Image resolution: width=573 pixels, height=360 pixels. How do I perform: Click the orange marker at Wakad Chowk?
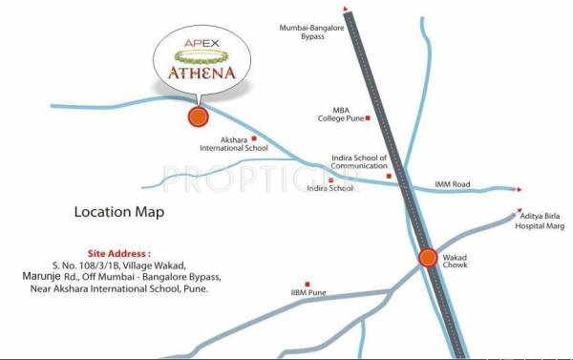click(427, 258)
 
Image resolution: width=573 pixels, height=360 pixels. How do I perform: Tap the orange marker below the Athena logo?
click(198, 117)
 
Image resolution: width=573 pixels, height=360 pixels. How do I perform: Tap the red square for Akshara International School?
click(254, 138)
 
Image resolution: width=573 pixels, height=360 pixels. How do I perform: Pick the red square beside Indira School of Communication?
click(389, 176)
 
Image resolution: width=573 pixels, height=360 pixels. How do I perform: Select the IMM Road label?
click(454, 182)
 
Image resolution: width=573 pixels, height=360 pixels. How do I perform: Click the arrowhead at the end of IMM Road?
click(519, 189)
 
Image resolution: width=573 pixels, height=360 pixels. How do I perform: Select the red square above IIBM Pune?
click(307, 284)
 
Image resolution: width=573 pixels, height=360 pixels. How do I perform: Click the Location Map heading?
click(119, 211)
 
